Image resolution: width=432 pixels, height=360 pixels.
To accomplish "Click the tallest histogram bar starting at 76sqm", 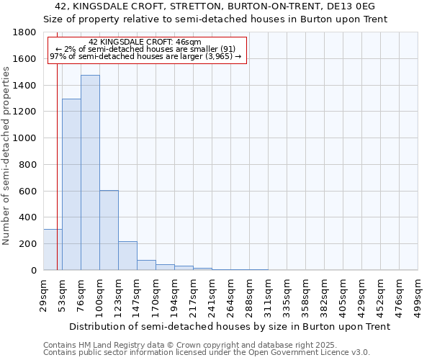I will click(x=90, y=173).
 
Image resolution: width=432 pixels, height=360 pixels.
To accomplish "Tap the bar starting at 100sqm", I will click(x=109, y=230).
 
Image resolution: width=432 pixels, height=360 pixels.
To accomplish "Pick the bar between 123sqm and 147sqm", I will click(x=127, y=256).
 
